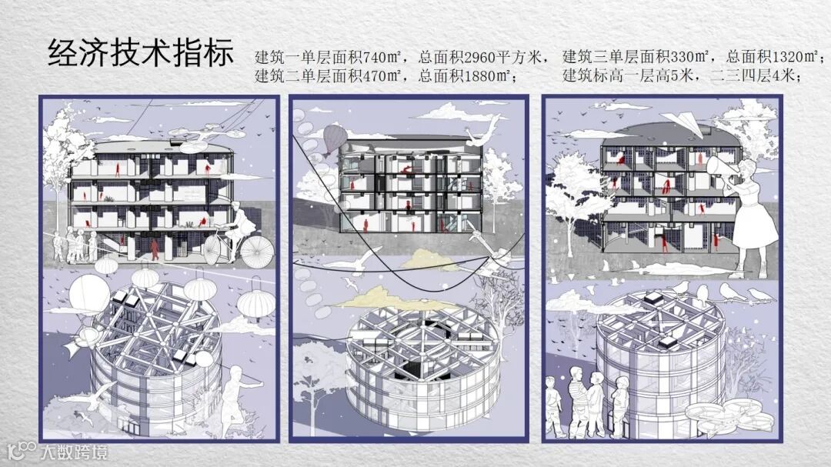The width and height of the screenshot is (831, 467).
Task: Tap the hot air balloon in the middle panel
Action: [x=334, y=139]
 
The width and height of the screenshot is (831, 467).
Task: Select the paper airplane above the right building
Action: [x=683, y=124]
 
